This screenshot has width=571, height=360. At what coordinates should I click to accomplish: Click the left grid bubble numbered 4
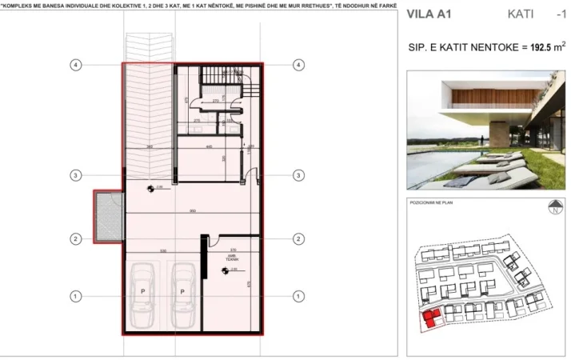pos(74,64)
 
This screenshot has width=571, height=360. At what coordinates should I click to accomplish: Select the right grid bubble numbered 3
pos(298,174)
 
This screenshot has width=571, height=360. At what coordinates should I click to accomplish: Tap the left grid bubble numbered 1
pos(74,296)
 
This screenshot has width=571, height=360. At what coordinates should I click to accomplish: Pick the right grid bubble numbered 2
pos(298,238)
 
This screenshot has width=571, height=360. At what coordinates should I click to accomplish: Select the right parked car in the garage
pos(182,292)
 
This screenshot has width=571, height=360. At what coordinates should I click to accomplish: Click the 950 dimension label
pos(193,210)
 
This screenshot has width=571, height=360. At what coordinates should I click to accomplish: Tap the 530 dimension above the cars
pos(162,250)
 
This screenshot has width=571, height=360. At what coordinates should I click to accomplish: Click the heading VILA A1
pos(429,14)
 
